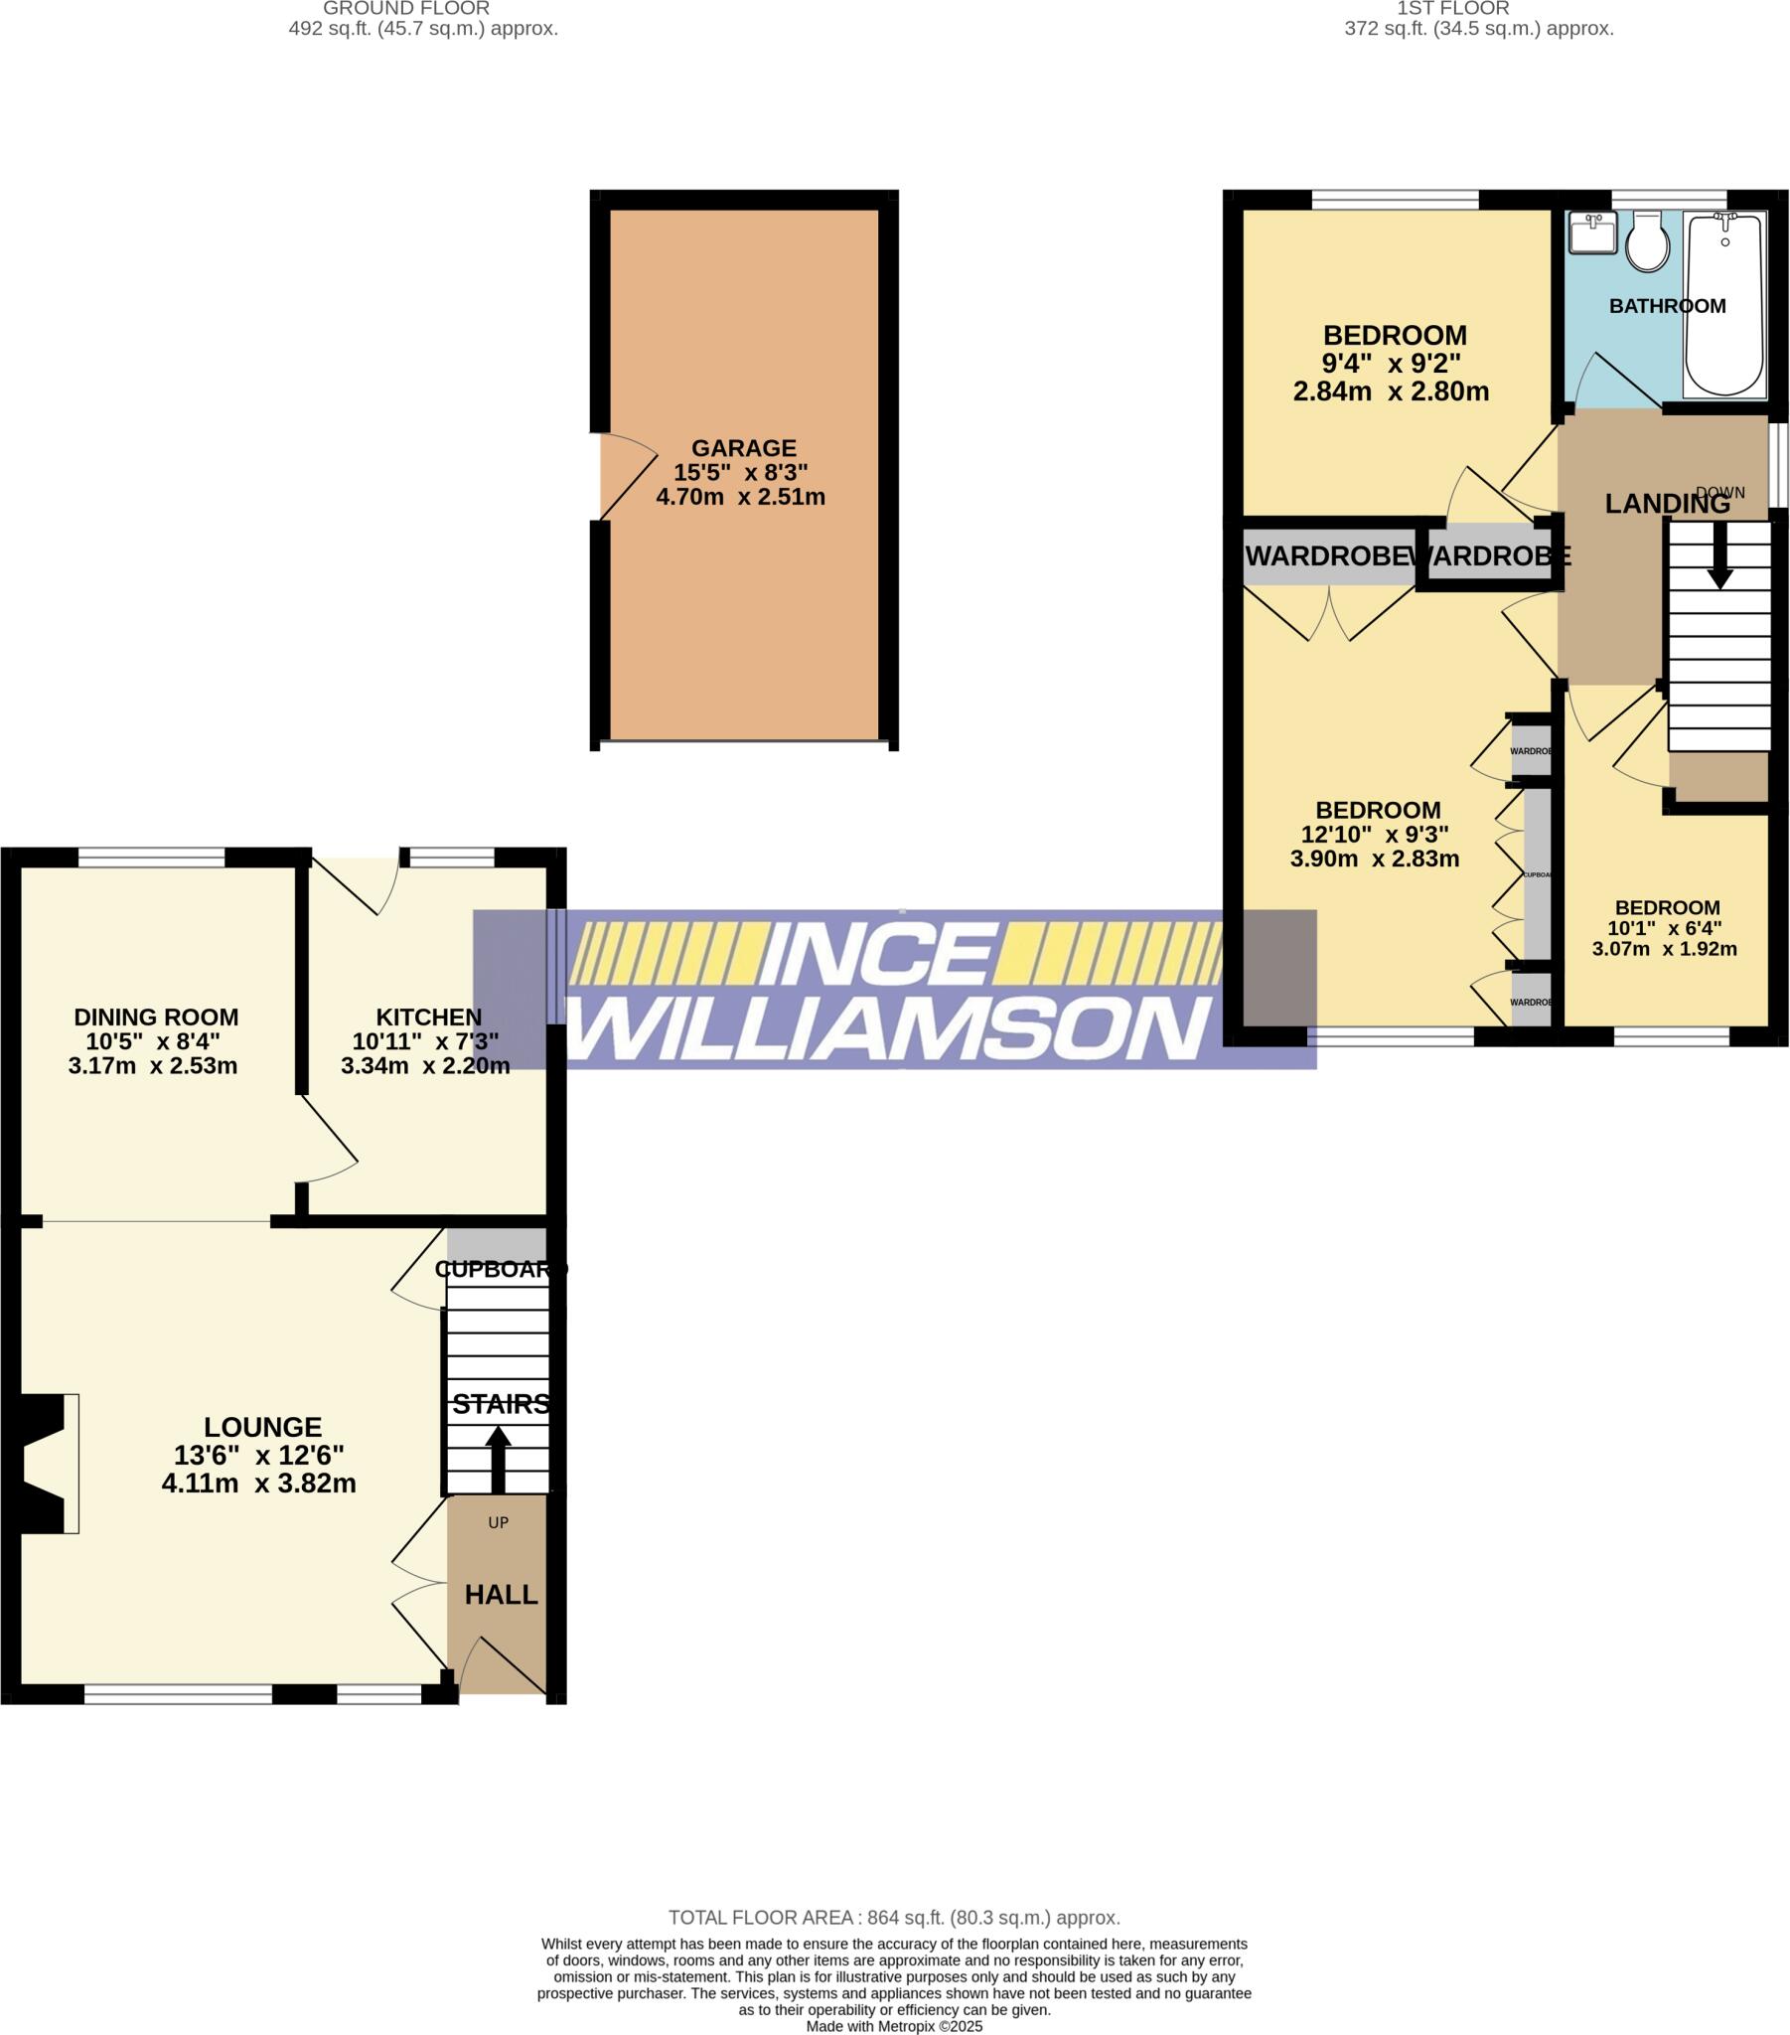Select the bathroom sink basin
coord(1592,235)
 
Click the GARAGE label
coord(744,448)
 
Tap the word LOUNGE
coord(263,1427)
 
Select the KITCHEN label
coord(428,1017)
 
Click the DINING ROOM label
coord(156,1017)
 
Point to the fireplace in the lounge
coord(45,1463)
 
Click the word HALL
coord(501,1595)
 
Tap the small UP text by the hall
coord(498,1522)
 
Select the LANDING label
coord(1667,504)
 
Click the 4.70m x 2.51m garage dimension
coord(741,496)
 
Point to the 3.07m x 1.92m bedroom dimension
coord(1664,949)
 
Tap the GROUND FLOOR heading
coord(406,9)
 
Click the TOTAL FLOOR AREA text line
coord(893,1918)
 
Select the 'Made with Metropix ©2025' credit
coord(893,2026)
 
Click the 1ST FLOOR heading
coord(1452,9)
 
